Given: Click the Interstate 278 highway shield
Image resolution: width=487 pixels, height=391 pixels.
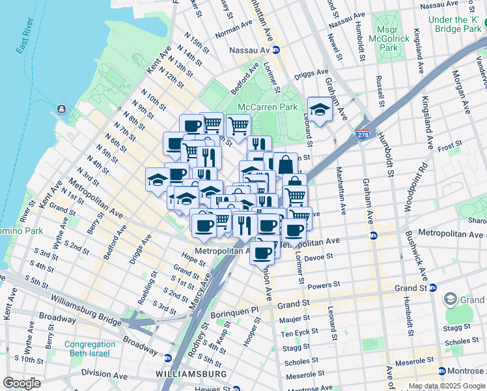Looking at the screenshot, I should [362, 134].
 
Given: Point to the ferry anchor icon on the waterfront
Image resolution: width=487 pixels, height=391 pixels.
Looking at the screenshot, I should [61, 108].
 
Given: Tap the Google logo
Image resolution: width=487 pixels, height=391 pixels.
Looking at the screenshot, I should [22, 383].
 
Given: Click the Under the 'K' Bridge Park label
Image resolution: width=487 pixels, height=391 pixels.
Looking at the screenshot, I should [455, 24].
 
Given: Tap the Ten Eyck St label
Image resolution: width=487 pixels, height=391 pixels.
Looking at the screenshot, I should [299, 334].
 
